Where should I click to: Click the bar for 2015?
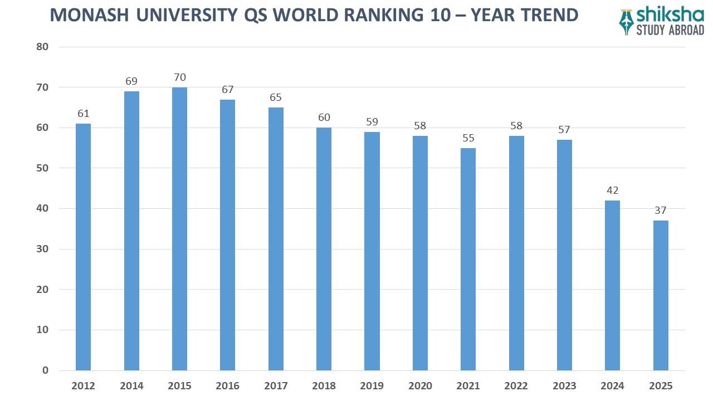pyautogui.click(x=179, y=228)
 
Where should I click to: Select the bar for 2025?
pyautogui.click(x=661, y=295)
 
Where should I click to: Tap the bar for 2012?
pyautogui.click(x=83, y=247)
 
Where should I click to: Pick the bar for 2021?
pyautogui.click(x=468, y=259)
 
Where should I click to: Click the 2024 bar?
pyautogui.click(x=612, y=285)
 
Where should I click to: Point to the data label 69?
pyautogui.click(x=131, y=81)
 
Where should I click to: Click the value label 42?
pyautogui.click(x=612, y=190)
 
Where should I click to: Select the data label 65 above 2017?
pyautogui.click(x=276, y=97)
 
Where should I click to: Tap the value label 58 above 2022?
pyautogui.click(x=516, y=126)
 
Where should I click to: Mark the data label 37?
pyautogui.click(x=661, y=211)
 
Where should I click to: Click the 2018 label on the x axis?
pyautogui.click(x=324, y=386)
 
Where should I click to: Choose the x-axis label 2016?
pyautogui.click(x=227, y=386)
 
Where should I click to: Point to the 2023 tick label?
pyautogui.click(x=564, y=386)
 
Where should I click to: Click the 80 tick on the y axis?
pyautogui.click(x=42, y=47)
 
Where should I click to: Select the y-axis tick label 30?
pyautogui.click(x=42, y=249)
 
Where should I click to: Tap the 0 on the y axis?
pyautogui.click(x=45, y=370)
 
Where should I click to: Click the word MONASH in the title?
pyautogui.click(x=89, y=15)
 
